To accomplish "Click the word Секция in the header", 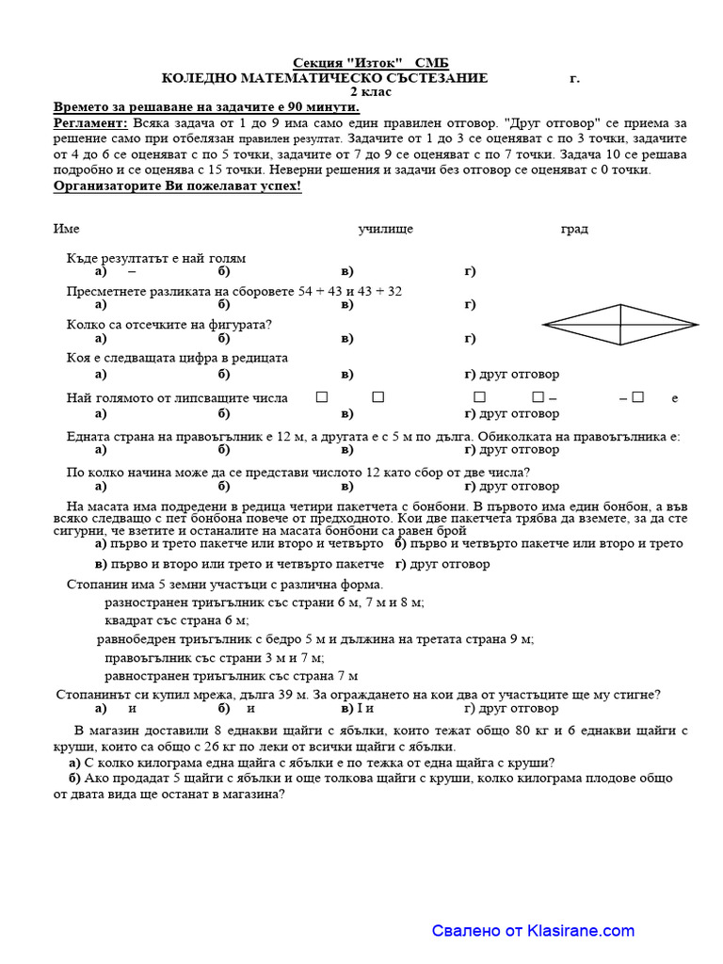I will click(x=314, y=62).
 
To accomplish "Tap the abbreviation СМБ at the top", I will click(x=429, y=62).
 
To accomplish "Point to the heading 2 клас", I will click(x=371, y=92).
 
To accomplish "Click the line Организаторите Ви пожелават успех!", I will click(x=178, y=185).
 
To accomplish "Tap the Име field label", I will click(x=66, y=229).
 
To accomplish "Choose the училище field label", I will click(x=385, y=229).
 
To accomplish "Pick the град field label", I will click(x=574, y=229).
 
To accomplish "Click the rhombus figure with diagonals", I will click(x=620, y=326).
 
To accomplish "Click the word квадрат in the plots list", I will click(x=130, y=619).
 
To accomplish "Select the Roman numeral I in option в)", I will click(x=360, y=708).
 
